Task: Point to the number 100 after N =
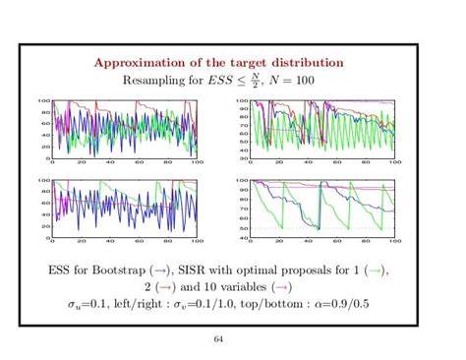coord(306,81)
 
